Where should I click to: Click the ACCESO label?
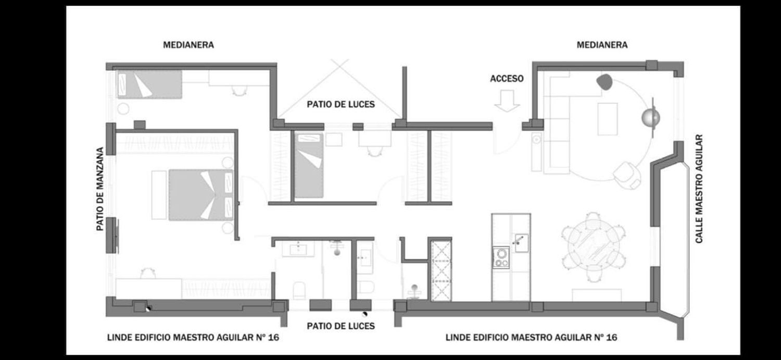click(x=507, y=79)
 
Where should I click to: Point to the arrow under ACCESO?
click(x=507, y=101)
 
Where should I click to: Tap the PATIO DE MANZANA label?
click(x=100, y=189)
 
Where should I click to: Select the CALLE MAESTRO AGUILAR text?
click(x=699, y=189)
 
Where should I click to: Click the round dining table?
click(x=594, y=246)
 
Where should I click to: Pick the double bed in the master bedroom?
click(x=201, y=195)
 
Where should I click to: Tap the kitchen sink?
click(x=522, y=243)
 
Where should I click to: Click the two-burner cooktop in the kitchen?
click(x=501, y=257)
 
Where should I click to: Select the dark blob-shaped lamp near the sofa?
click(x=604, y=82)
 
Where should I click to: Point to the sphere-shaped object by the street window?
click(x=651, y=118)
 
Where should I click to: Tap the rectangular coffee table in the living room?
click(x=608, y=119)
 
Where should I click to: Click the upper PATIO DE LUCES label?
click(x=341, y=104)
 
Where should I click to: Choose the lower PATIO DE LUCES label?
click(x=341, y=326)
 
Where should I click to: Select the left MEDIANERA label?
click(x=188, y=45)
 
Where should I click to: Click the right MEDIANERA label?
click(x=602, y=45)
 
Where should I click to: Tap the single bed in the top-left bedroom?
click(x=149, y=84)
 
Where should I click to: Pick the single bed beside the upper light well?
click(x=309, y=165)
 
